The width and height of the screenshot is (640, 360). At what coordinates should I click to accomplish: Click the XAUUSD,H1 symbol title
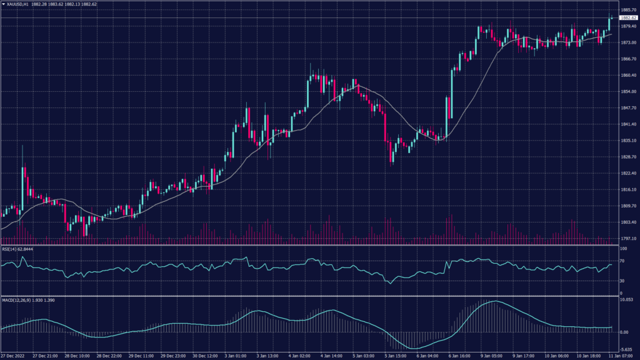coord(20,4)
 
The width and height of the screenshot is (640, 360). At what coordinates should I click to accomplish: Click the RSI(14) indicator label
coord(17,249)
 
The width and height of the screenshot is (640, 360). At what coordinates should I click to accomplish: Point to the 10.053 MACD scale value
coord(627,300)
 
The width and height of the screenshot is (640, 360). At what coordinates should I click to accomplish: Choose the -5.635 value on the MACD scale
coord(627,349)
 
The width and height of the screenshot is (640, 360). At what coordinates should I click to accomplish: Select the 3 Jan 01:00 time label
coord(235,356)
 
